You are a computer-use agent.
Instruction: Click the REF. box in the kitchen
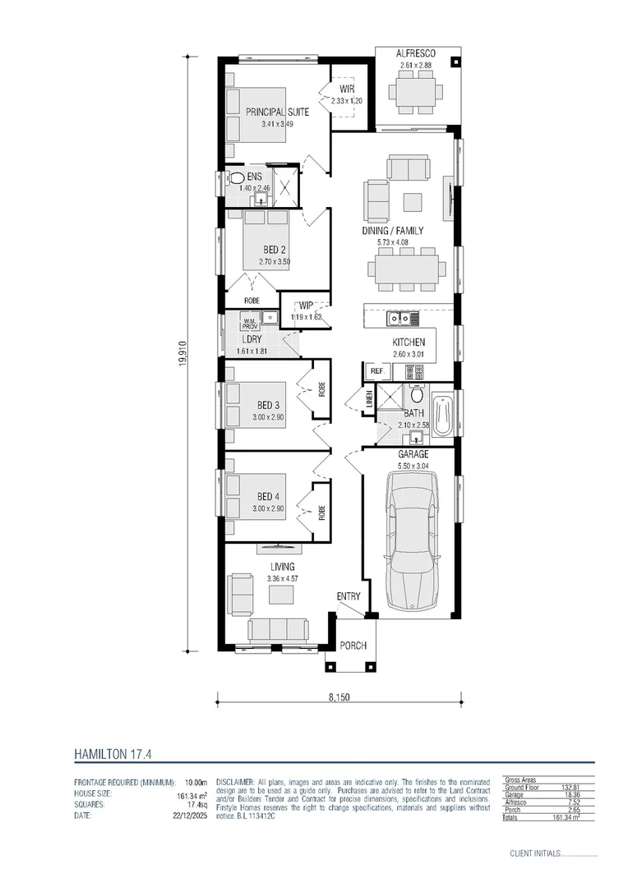377,372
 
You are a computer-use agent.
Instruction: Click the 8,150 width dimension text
339,698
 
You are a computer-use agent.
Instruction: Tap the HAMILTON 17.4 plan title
113,751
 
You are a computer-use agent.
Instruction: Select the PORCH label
353,646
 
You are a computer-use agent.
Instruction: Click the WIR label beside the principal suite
346,89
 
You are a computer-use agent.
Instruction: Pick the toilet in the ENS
235,177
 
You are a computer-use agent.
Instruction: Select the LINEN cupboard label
370,400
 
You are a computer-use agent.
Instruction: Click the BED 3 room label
269,406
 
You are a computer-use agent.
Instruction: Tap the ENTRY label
348,596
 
